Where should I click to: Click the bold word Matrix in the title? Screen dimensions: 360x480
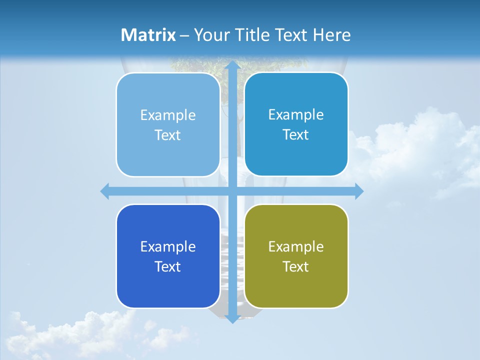148,35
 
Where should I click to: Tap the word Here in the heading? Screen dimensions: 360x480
332,35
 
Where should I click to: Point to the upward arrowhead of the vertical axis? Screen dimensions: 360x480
232,65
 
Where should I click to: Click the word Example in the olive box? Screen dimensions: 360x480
296,246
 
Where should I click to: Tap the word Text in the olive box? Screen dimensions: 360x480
296,266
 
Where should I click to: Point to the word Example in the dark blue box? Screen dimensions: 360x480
168,246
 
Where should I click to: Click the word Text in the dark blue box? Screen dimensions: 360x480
168,266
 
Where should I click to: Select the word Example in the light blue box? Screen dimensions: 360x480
168,115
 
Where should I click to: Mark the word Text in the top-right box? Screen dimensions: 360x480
296,134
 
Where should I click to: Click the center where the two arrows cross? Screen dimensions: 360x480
232,191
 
